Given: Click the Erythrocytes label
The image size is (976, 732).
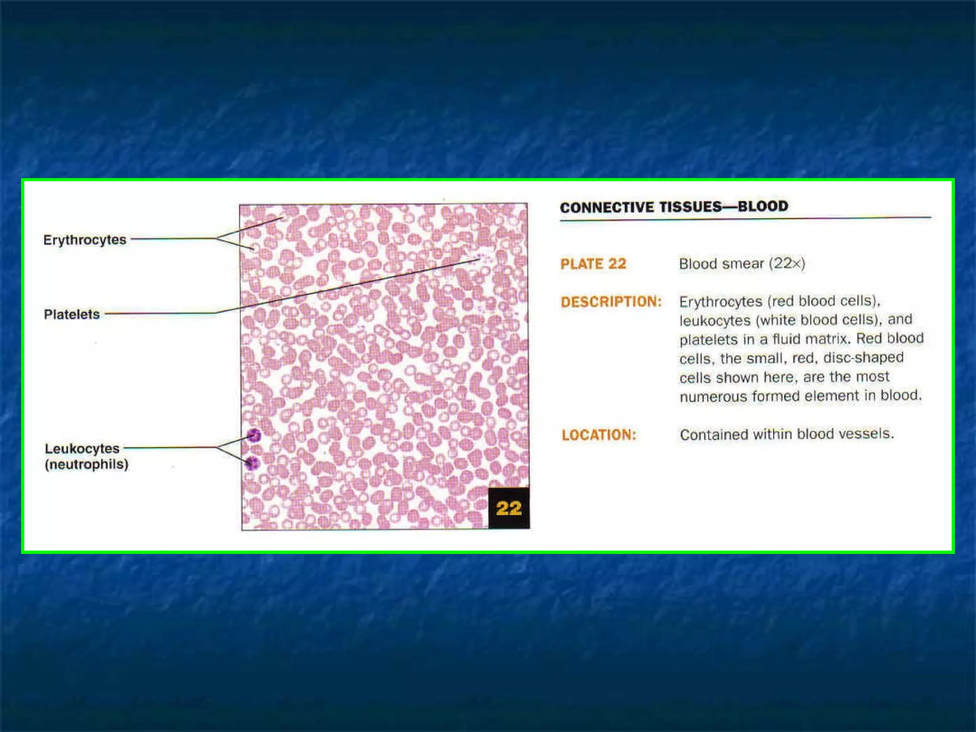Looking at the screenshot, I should point(85,240).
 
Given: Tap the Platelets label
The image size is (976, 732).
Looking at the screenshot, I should point(72,315).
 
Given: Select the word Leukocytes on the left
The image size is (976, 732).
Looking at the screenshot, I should point(82,448).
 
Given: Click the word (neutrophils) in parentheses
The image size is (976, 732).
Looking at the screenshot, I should point(87,464).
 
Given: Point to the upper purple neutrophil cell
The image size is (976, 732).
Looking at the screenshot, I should point(254,435).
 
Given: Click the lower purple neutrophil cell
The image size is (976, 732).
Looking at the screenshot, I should point(252,462).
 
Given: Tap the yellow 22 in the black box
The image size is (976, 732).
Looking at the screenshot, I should point(508,508).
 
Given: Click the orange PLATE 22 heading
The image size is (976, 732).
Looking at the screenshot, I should point(593,264).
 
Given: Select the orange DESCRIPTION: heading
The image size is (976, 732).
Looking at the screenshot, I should point(611,302).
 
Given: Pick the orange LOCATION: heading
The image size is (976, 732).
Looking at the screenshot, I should point(599,435).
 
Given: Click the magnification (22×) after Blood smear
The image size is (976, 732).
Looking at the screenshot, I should point(787,263).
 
